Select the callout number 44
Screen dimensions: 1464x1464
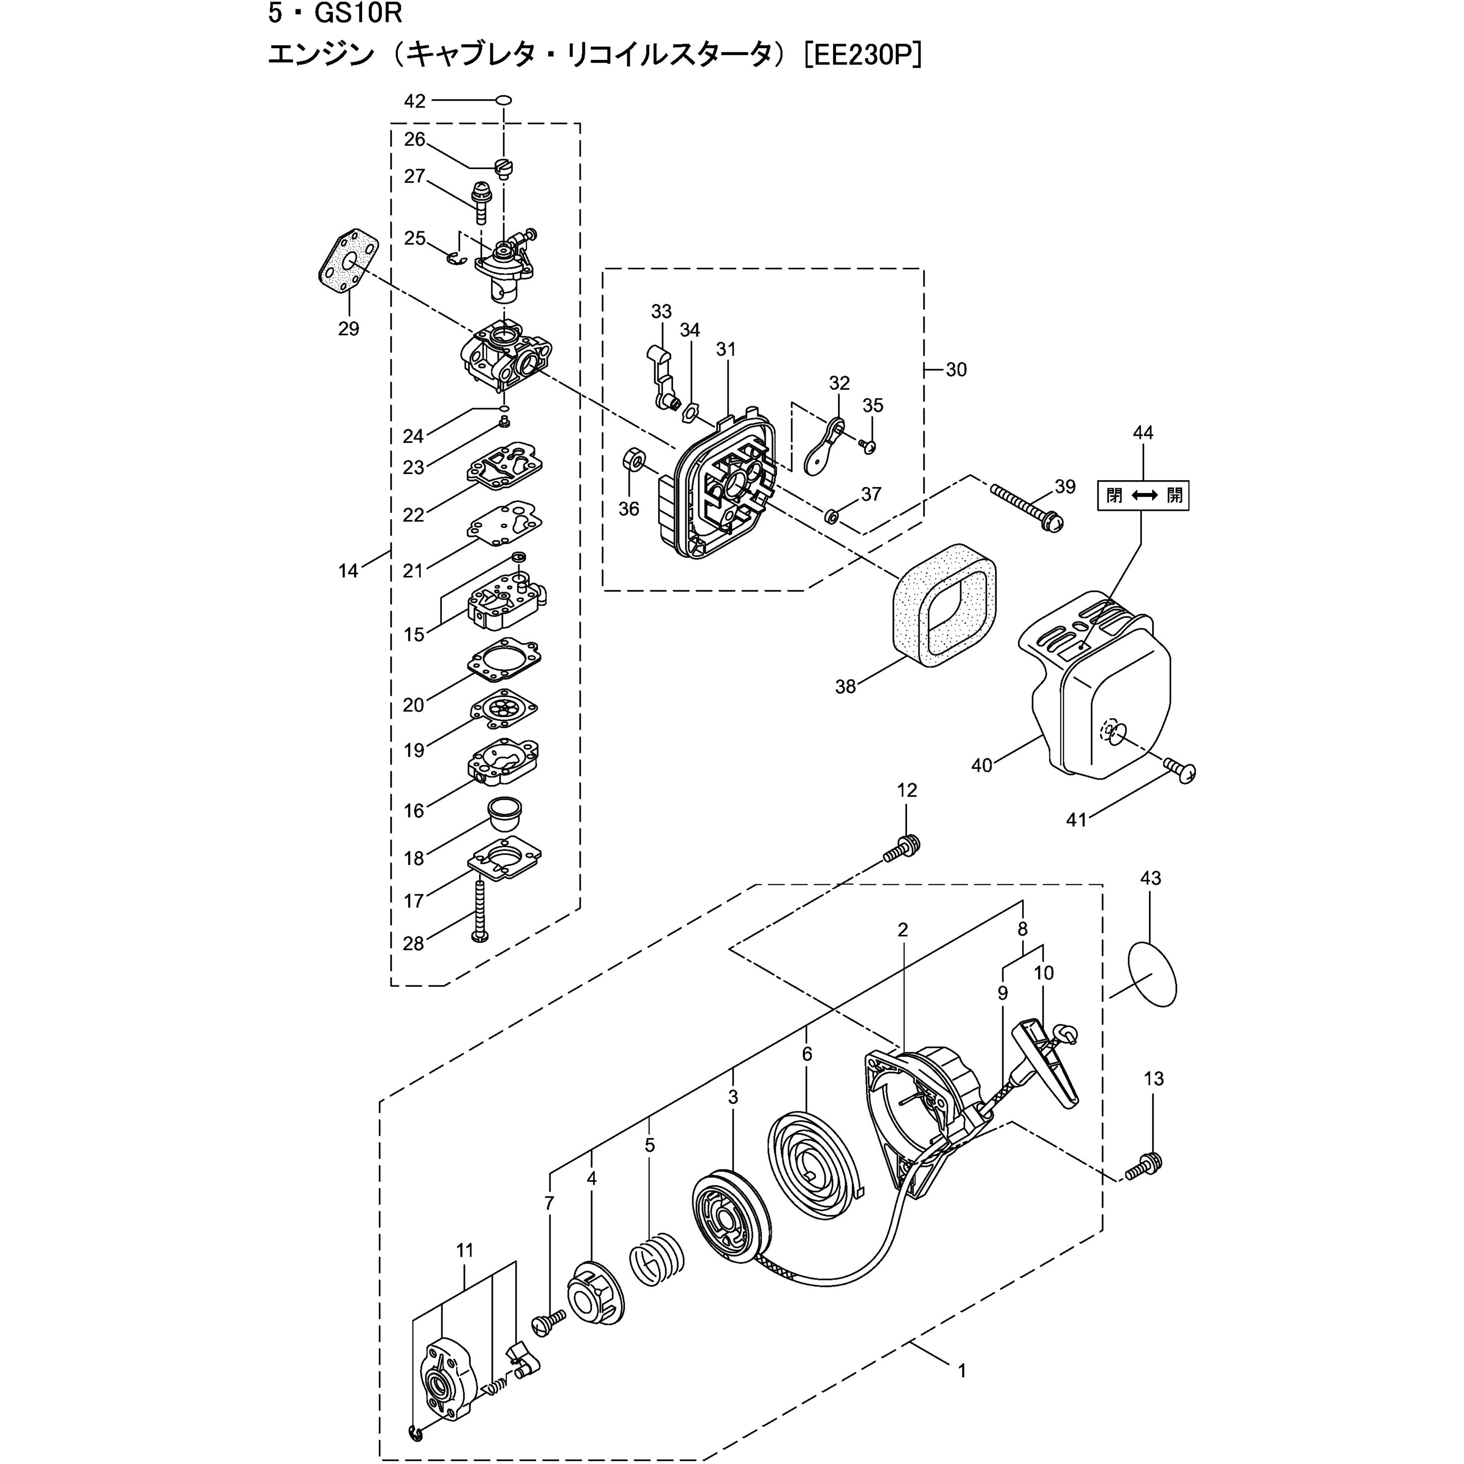pos(1143,432)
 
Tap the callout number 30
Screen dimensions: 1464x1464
pos(956,370)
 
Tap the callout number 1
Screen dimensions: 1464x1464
pos(962,1393)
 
